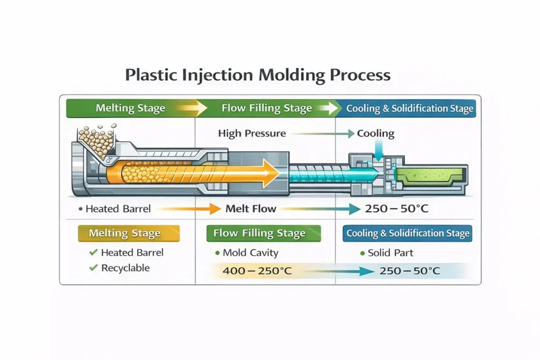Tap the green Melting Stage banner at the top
click(x=130, y=109)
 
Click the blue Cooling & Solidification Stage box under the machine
click(x=407, y=233)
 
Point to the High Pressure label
click(x=252, y=133)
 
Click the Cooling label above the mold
click(x=375, y=133)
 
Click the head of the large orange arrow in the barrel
click(x=272, y=172)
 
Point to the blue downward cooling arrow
click(x=379, y=150)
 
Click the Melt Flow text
click(x=250, y=209)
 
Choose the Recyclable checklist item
click(x=125, y=268)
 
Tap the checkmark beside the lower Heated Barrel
click(x=93, y=252)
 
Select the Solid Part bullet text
click(x=390, y=252)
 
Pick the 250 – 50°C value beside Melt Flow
click(x=397, y=209)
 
